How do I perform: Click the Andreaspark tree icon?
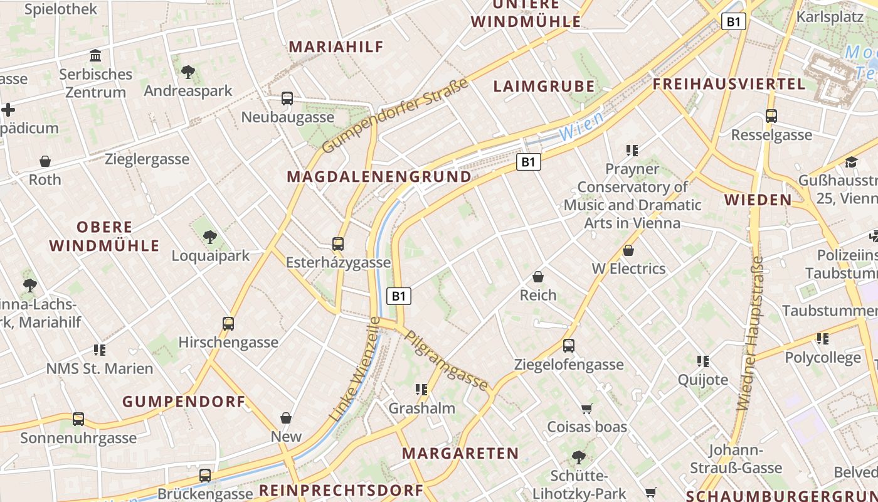[188, 72]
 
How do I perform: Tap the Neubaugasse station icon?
[287, 99]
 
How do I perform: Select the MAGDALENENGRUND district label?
[379, 177]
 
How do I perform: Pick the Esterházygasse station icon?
[338, 244]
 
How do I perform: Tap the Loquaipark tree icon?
[210, 237]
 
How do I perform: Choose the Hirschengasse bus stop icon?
[228, 324]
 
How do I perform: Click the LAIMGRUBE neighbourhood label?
[544, 87]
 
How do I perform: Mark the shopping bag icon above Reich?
[538, 277]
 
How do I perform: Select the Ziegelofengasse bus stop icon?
[569, 346]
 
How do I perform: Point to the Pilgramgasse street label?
[447, 360]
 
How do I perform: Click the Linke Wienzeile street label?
[355, 369]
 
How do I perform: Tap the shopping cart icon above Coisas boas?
[587, 409]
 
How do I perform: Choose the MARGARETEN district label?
[460, 453]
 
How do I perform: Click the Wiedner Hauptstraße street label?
[751, 333]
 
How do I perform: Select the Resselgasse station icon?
[771, 116]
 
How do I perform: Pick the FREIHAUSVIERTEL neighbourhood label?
[729, 84]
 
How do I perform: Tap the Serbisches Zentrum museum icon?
[95, 56]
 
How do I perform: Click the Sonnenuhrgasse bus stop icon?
[78, 419]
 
